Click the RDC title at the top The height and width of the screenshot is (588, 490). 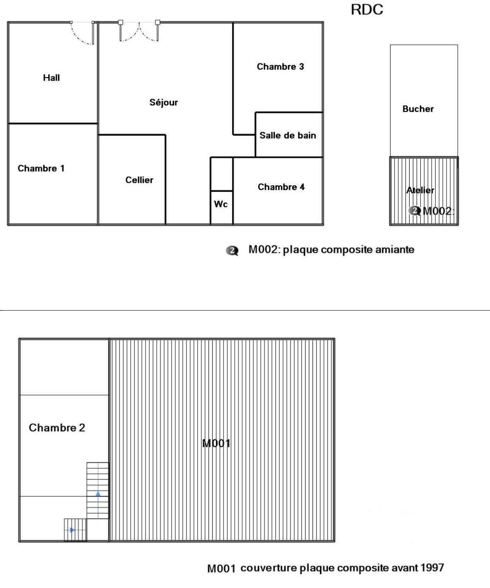point(366,10)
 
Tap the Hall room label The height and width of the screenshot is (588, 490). point(51,78)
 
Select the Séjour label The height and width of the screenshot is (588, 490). point(164,102)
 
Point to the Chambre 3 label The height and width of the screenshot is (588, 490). point(280,66)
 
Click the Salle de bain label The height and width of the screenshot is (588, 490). point(288,135)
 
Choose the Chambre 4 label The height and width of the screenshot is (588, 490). point(281,187)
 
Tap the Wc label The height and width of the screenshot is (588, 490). point(221,204)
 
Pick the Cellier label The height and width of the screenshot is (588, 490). point(139,180)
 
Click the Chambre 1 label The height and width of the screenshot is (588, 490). point(41,168)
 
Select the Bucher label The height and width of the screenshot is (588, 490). point(418,109)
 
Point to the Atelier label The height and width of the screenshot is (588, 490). point(420,190)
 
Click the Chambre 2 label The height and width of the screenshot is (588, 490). point(57,428)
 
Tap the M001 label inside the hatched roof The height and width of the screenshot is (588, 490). point(216,443)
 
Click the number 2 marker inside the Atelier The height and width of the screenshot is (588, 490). point(414,211)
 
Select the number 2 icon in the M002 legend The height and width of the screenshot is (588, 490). point(232,250)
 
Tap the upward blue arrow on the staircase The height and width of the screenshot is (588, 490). point(98,493)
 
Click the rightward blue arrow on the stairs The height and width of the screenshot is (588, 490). point(73,530)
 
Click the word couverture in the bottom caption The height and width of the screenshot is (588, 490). point(269,568)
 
